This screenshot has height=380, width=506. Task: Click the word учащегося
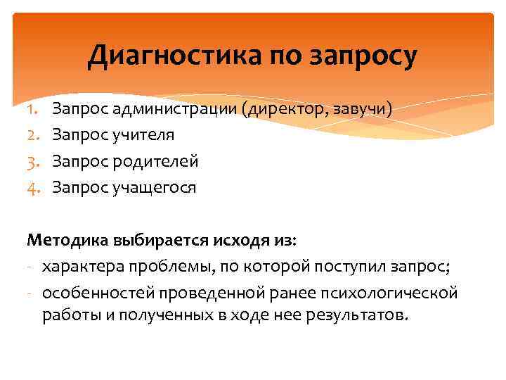click(x=152, y=188)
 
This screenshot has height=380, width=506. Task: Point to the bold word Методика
click(x=67, y=241)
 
